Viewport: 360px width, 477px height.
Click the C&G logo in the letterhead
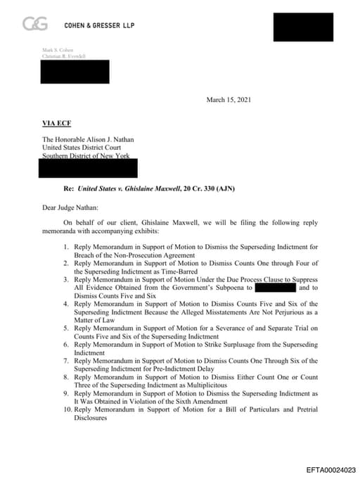pos(35,25)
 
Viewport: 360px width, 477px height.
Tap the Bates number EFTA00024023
pos(330,469)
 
